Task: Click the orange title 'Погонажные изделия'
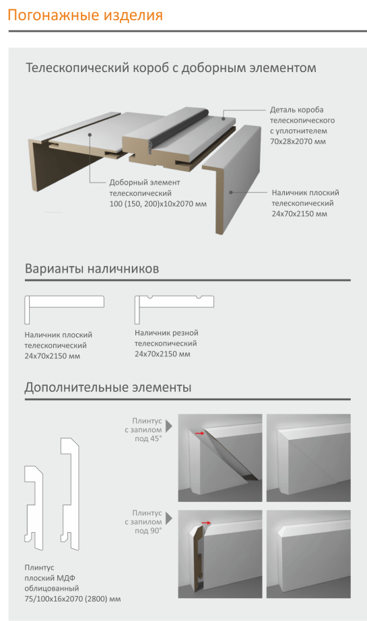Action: [x=86, y=15]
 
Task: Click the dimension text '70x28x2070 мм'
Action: [x=298, y=141]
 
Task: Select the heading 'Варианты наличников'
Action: [x=92, y=269]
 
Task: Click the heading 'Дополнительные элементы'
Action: [x=108, y=387]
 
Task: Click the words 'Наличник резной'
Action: [x=166, y=333]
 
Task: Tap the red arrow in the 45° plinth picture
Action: [x=200, y=433]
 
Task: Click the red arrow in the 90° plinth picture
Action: [x=206, y=523]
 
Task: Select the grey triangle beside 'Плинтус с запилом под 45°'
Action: [x=169, y=426]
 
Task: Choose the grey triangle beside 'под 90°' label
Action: [x=169, y=518]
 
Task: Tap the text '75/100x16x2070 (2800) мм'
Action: [x=73, y=599]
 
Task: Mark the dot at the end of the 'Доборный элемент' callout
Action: [x=91, y=135]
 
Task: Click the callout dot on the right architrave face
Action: [x=230, y=192]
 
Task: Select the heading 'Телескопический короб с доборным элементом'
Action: [x=171, y=68]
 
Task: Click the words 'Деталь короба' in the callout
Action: [x=296, y=110]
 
